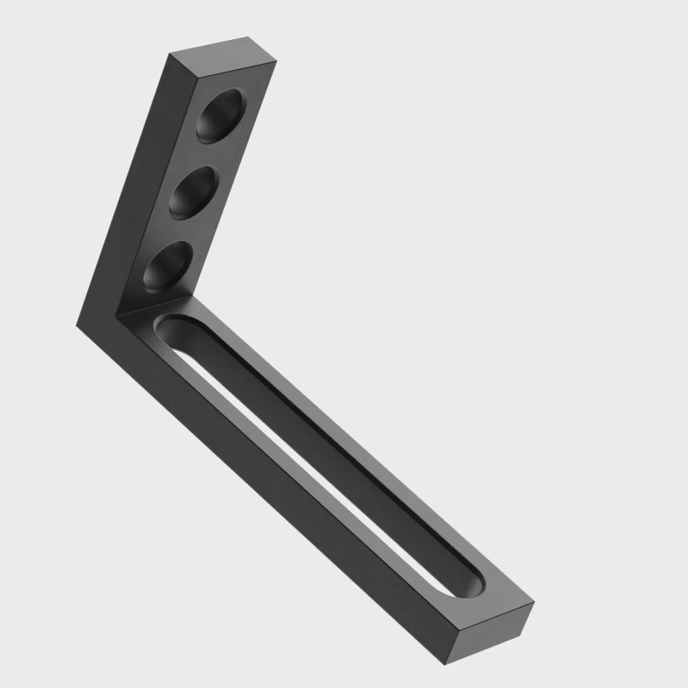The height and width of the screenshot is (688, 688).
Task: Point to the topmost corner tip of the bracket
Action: (248, 37)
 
